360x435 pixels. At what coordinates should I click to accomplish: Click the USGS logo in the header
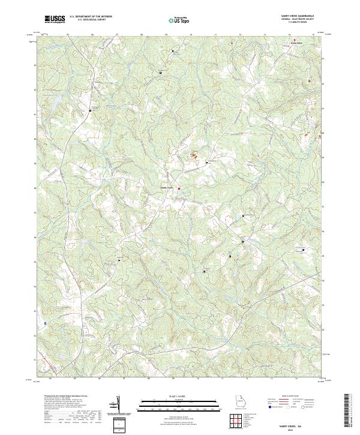pos(55,19)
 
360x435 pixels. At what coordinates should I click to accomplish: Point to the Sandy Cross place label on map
pos(167,187)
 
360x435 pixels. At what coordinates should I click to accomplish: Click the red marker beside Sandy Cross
pos(179,190)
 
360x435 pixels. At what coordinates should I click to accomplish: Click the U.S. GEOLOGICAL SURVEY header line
pos(91,20)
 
